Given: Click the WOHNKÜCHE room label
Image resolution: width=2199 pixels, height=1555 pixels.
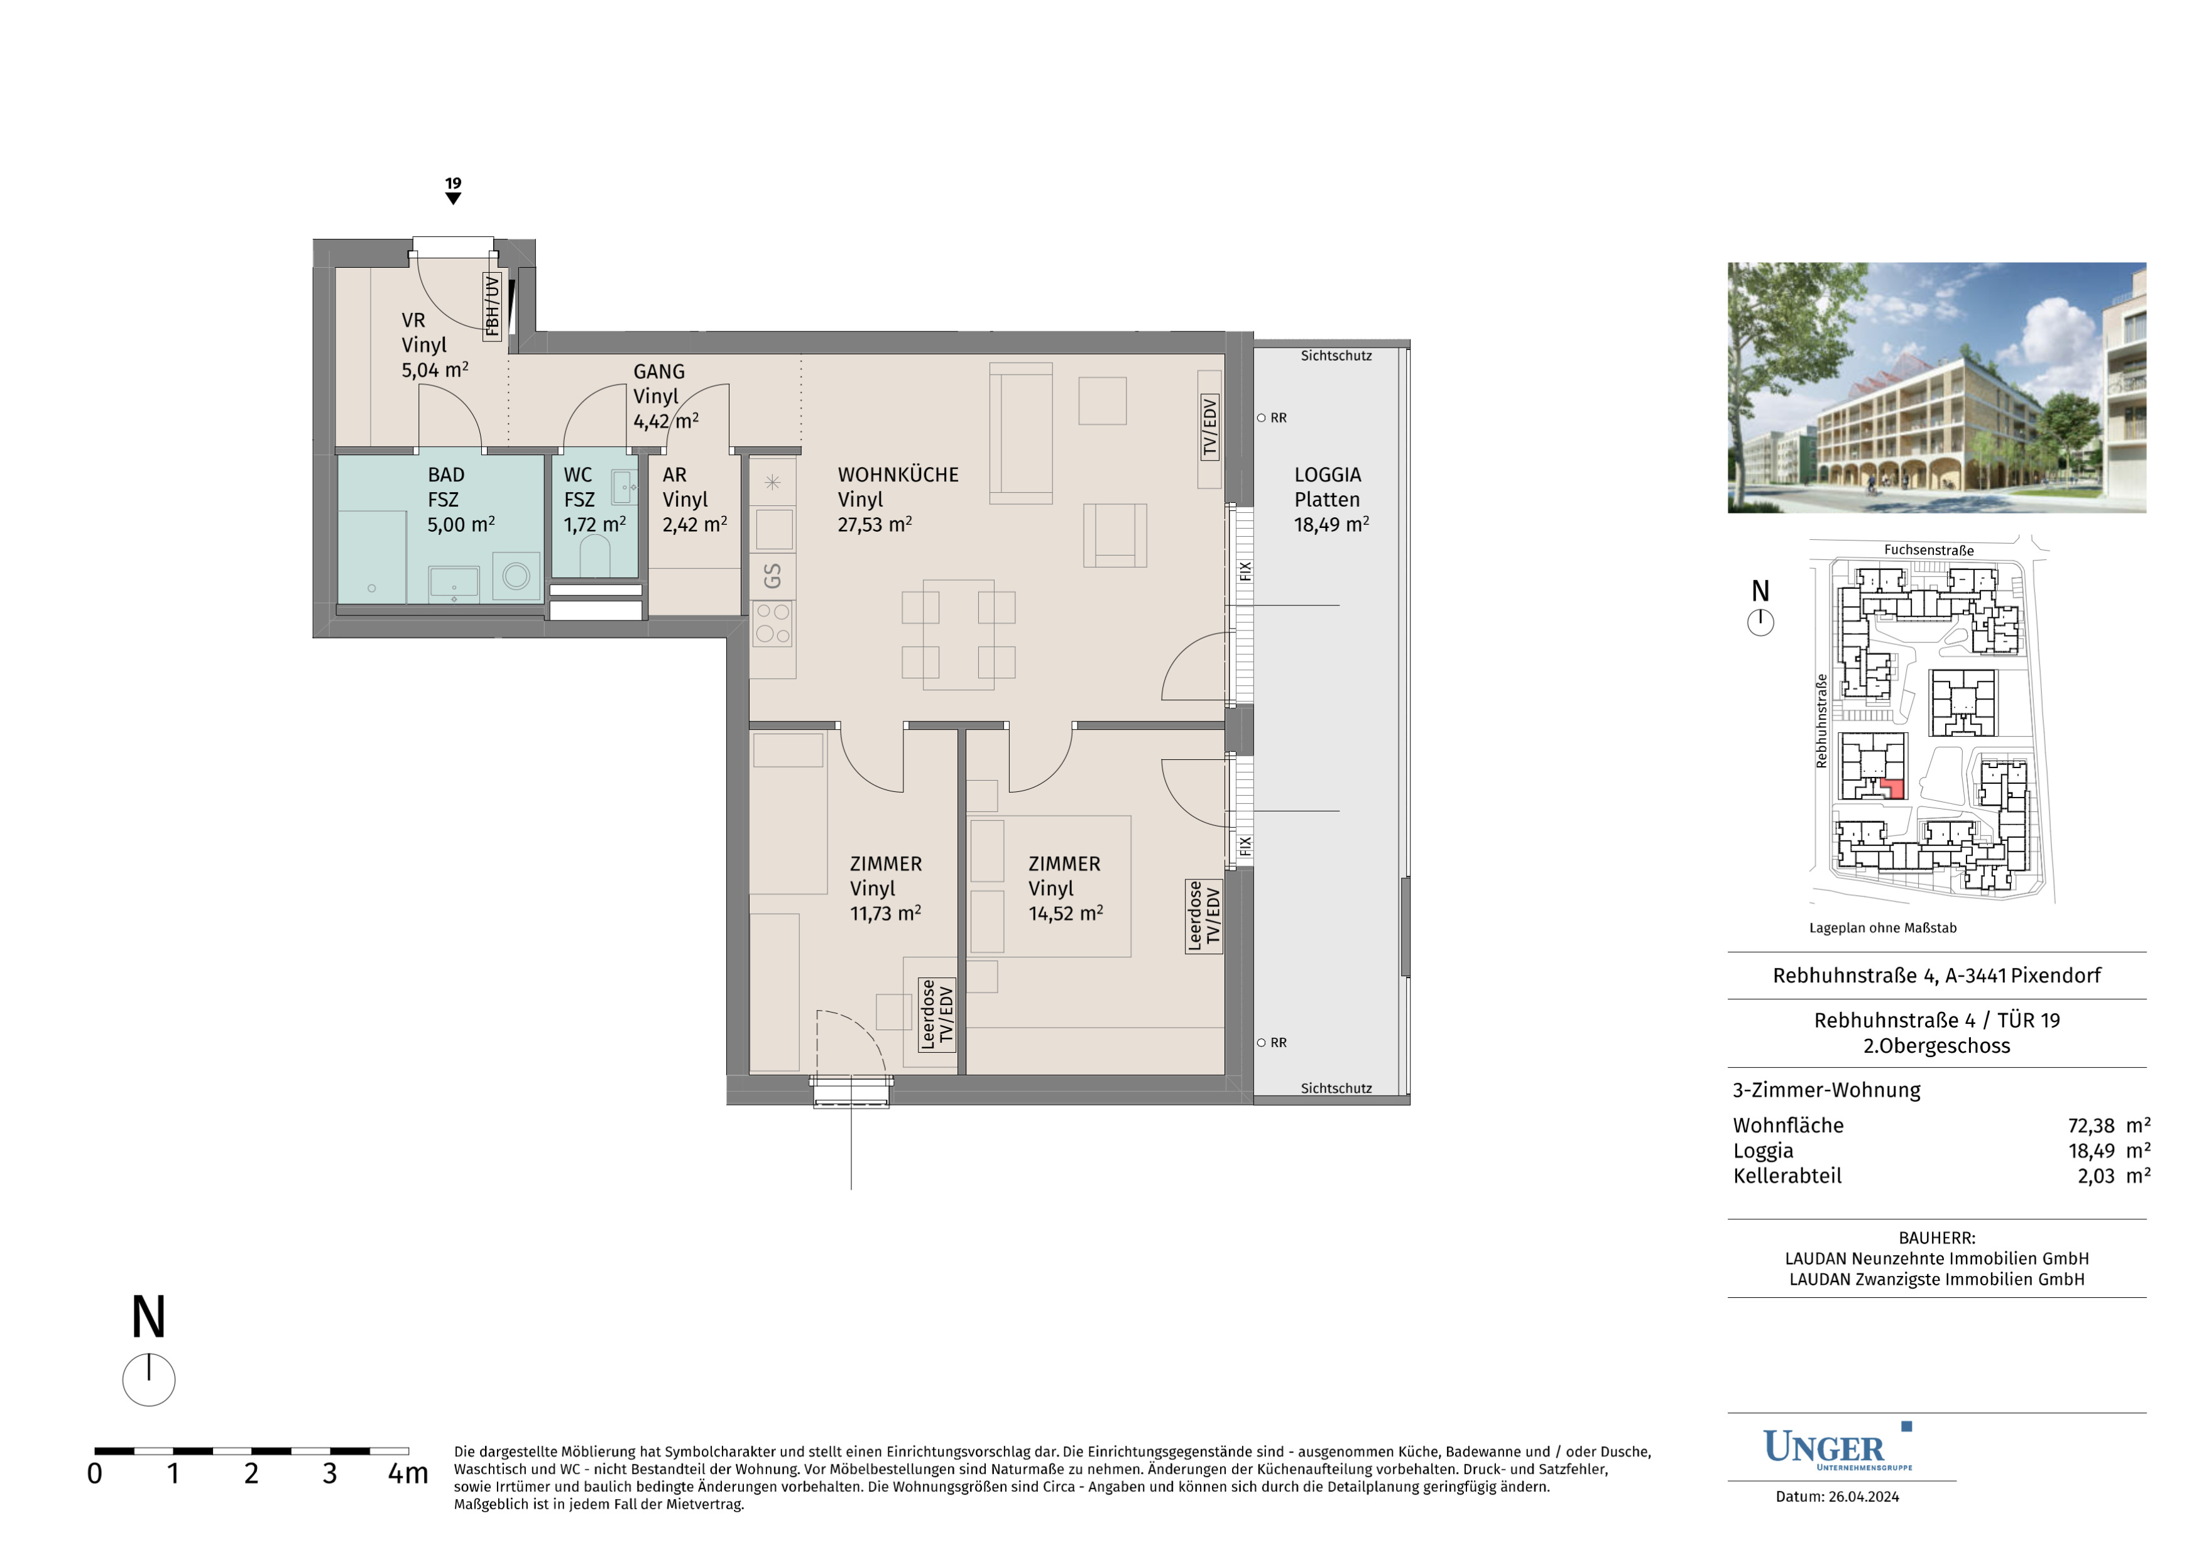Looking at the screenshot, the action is pos(897,475).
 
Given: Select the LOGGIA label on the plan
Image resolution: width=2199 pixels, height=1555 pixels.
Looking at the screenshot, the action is pos(1328,475).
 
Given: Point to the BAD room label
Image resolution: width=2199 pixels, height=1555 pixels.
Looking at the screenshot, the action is pos(446,475).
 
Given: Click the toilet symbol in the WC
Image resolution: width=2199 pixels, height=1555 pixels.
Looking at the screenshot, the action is pos(595,555).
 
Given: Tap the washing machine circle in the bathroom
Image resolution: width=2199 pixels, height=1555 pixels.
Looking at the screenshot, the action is pos(516,576).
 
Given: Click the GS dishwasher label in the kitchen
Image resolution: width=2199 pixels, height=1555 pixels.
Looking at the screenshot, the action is pos(772,576).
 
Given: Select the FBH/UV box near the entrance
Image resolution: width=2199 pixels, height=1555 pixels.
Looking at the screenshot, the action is pos(493,307).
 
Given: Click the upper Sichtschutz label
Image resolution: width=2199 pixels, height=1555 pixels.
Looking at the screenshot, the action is pos(1336,356).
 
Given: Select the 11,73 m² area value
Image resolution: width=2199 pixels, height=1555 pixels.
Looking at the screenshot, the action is pos(886,914).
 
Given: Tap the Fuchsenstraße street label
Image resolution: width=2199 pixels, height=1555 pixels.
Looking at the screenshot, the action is pos(1929,550).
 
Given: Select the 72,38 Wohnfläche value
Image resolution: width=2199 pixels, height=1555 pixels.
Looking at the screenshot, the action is pos(2091,1126).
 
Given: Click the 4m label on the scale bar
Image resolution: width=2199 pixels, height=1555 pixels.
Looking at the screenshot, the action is pos(408,1473).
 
